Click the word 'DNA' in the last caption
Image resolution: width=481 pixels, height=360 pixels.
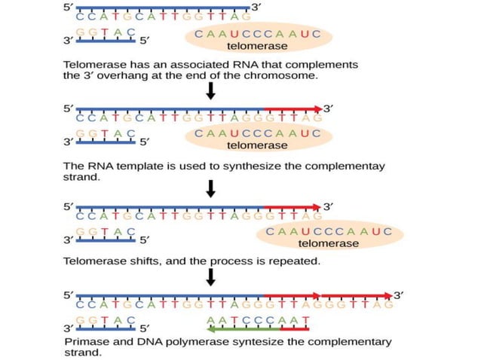(145, 341)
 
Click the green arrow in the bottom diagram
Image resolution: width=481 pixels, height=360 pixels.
(256, 328)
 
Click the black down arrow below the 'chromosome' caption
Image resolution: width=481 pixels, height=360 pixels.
(211, 91)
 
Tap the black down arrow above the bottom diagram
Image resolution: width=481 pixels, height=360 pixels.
(211, 278)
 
